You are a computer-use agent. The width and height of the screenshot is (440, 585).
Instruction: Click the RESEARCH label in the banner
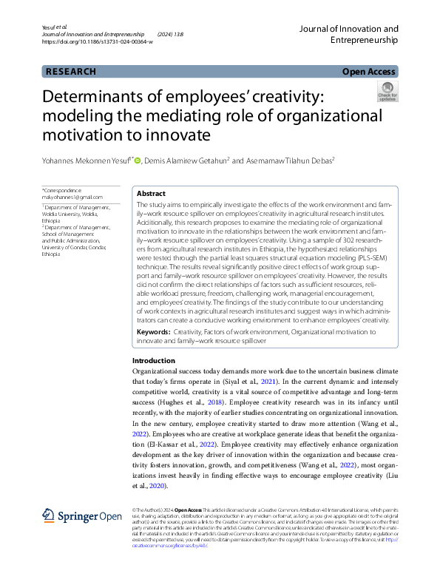click(71, 72)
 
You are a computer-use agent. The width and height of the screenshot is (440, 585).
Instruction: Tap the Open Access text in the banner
click(370, 72)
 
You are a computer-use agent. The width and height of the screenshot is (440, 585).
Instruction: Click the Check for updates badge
click(387, 92)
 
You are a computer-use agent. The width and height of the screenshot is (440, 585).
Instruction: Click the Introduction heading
click(153, 360)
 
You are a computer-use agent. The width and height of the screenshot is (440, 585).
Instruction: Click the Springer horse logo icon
click(49, 515)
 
